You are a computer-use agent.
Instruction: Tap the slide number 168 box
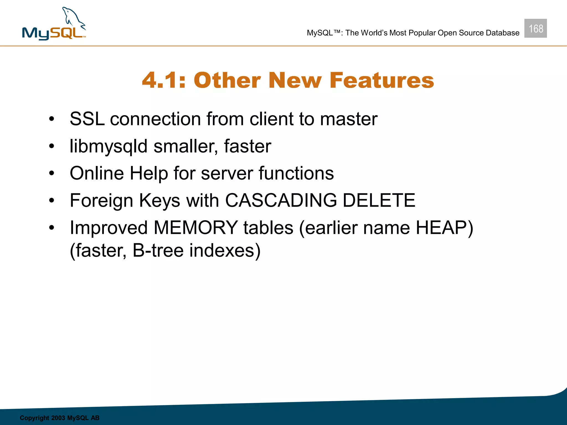point(535,28)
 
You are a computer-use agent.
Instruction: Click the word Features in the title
point(382,80)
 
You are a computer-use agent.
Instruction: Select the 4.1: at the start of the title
point(164,80)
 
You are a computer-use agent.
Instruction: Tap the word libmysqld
point(109,146)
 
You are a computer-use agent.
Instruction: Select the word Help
point(149,173)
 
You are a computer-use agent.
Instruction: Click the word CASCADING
point(281,200)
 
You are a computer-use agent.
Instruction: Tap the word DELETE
point(379,200)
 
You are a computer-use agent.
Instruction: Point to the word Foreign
point(101,200)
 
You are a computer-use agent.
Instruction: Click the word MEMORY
point(195,228)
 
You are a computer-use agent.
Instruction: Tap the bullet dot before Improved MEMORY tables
point(51,228)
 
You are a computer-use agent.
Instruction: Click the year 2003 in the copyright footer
point(58,418)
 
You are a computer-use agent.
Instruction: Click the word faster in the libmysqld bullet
point(248,146)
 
